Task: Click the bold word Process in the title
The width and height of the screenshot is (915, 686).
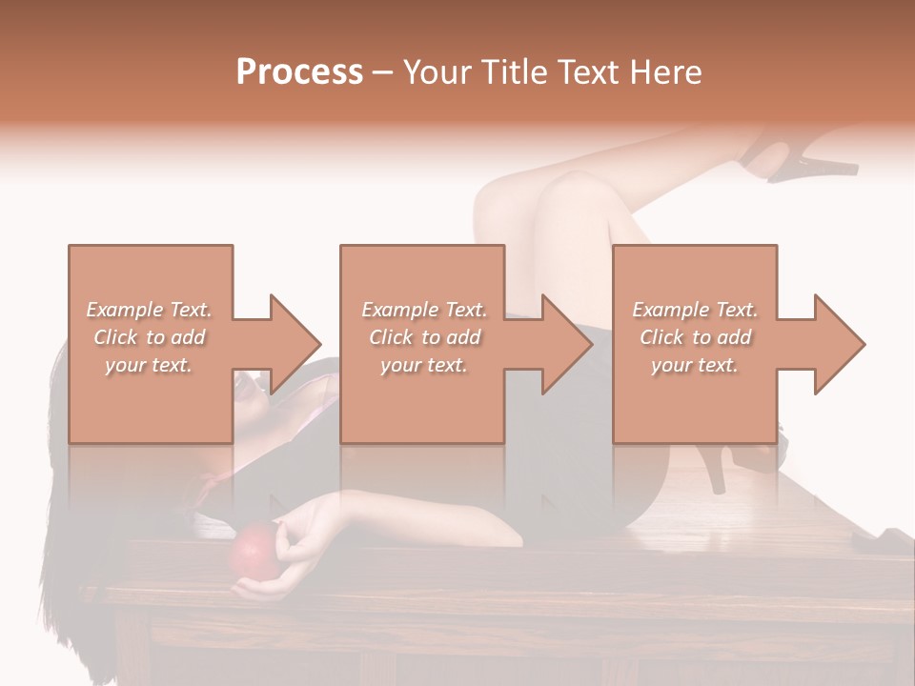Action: pyautogui.click(x=299, y=72)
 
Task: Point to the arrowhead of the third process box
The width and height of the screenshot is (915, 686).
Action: pyautogui.click(x=838, y=344)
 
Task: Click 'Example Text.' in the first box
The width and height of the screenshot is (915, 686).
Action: pyautogui.click(x=149, y=310)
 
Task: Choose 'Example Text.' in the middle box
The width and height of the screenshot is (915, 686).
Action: pyautogui.click(x=423, y=310)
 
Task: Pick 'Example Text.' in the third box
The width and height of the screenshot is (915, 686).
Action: pyautogui.click(x=695, y=310)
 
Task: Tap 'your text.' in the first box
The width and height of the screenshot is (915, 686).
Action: pyautogui.click(x=149, y=365)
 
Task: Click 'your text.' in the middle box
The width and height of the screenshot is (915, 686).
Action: pyautogui.click(x=423, y=365)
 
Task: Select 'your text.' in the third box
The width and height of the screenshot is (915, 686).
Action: pyautogui.click(x=695, y=365)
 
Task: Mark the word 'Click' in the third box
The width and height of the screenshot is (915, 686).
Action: pyautogui.click(x=661, y=337)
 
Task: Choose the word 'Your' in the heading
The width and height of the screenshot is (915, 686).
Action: pyautogui.click(x=437, y=72)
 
